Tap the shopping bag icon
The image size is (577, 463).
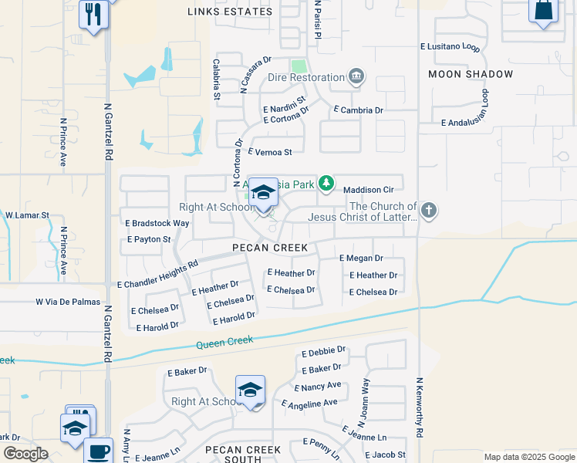(x=543, y=11)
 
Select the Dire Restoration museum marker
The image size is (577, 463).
(x=356, y=76)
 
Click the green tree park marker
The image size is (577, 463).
(x=327, y=184)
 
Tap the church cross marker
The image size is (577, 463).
(x=430, y=209)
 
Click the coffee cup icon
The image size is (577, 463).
(x=98, y=451)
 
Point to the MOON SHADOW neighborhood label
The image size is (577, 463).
(x=471, y=74)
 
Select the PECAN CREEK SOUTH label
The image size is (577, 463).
(x=243, y=455)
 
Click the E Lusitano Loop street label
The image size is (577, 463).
(x=450, y=47)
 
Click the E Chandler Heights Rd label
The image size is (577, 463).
(x=157, y=273)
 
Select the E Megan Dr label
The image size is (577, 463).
(x=360, y=259)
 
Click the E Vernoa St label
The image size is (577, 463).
(x=270, y=153)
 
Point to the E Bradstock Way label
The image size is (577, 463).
(x=157, y=223)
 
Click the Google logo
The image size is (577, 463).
(x=26, y=454)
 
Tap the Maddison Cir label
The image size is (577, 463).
(x=369, y=189)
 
